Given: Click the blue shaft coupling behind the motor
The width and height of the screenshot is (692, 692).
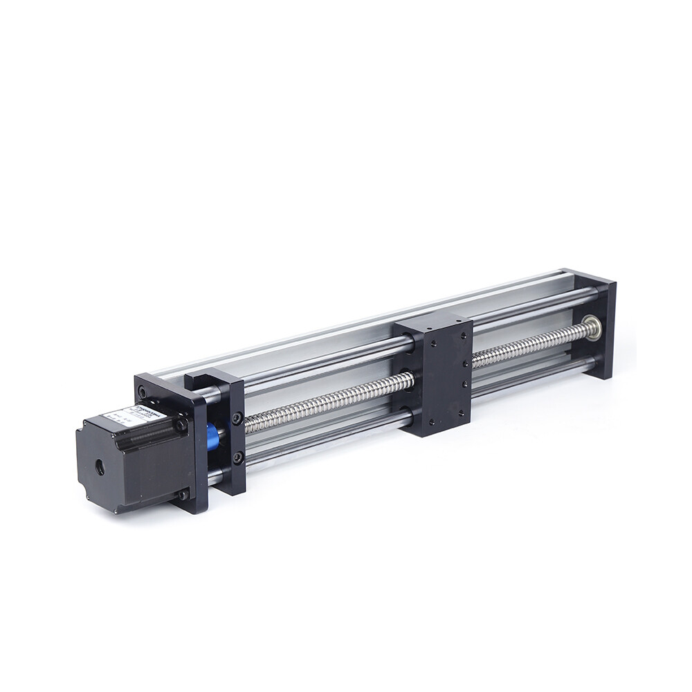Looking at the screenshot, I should click(212, 438).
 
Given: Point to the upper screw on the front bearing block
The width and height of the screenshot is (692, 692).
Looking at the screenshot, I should click(237, 418).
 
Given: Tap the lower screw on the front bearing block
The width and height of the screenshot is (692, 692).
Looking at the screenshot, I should click(237, 457).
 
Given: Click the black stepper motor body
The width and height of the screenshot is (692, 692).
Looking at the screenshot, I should click(131, 460).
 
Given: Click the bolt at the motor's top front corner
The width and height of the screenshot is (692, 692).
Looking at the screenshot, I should click(181, 424).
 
